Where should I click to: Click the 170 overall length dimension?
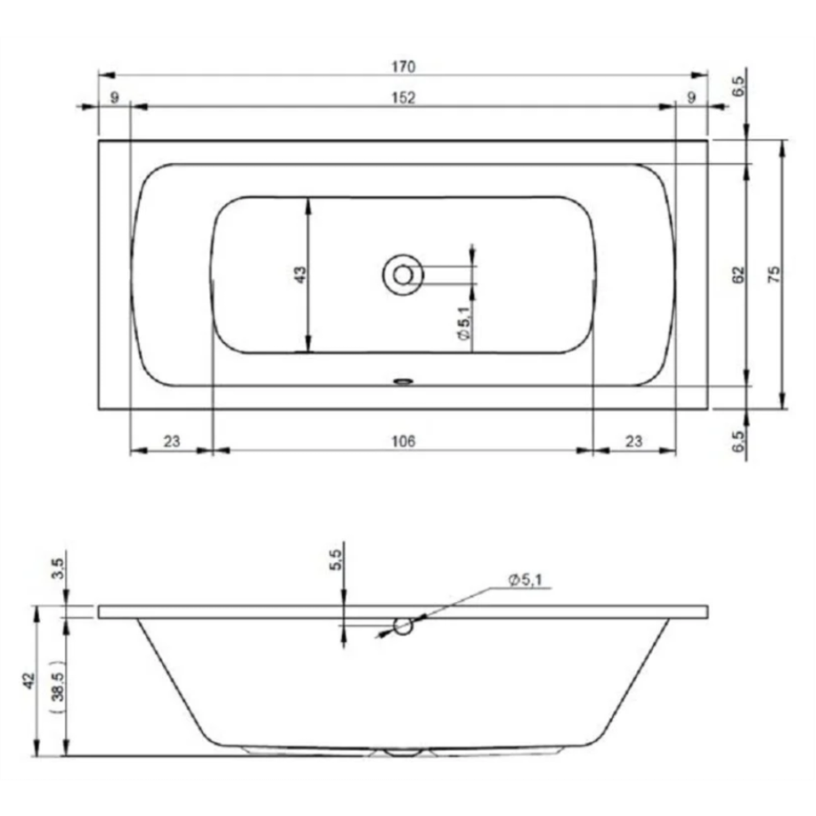(x=403, y=67)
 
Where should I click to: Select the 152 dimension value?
(x=403, y=98)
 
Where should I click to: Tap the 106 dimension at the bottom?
(x=403, y=442)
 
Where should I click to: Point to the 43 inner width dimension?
(x=301, y=275)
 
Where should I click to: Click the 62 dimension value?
(x=738, y=275)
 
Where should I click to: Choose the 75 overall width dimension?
(x=774, y=274)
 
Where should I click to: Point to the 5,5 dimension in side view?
(x=336, y=560)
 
